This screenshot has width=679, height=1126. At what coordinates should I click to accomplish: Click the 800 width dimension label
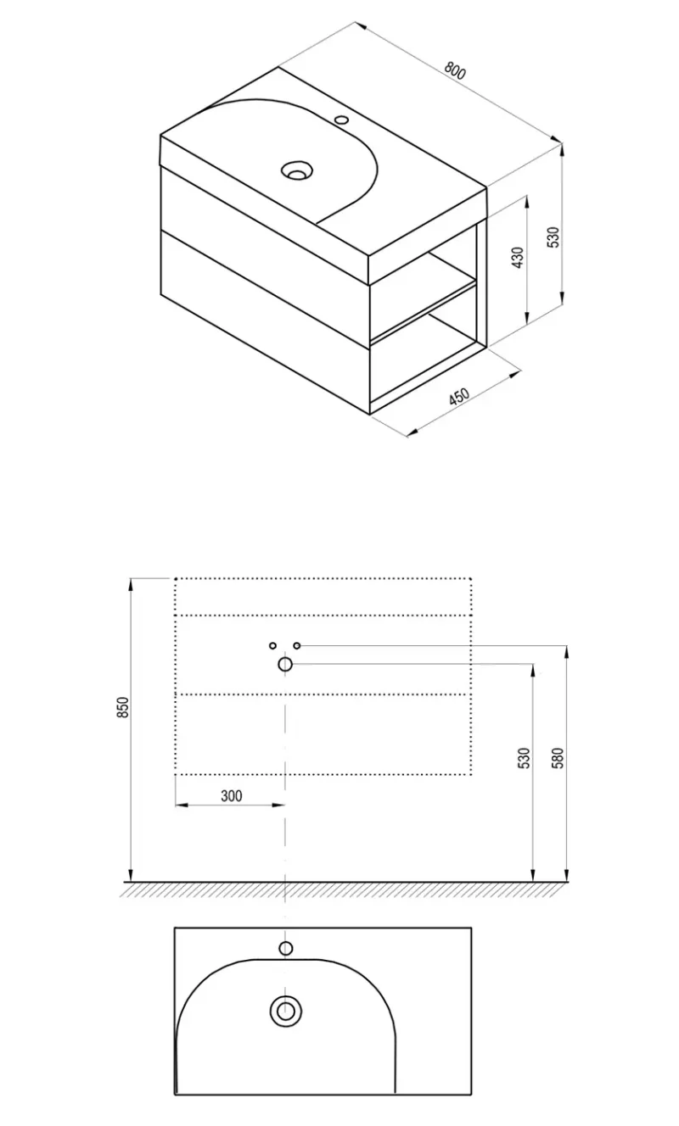(455, 71)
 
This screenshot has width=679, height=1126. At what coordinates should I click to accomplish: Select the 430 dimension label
(518, 258)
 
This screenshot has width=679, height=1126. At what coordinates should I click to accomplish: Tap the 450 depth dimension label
(459, 396)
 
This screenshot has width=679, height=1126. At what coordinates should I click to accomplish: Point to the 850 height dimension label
(123, 707)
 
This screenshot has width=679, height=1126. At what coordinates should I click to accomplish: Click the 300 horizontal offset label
(232, 795)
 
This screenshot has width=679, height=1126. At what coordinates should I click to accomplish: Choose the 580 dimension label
(558, 759)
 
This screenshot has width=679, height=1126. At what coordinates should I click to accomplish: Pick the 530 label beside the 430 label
(553, 237)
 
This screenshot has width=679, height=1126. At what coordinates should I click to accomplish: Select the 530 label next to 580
(524, 759)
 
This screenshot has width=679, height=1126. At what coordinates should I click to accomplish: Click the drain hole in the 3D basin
(297, 170)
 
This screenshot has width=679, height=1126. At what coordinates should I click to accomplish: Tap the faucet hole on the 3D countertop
(342, 120)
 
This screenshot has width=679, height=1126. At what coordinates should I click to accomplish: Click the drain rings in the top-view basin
(285, 1011)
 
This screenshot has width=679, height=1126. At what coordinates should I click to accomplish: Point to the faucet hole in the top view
(286, 949)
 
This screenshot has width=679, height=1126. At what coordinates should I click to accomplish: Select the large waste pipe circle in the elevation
(285, 665)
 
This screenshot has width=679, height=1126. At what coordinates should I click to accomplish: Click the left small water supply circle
(272, 645)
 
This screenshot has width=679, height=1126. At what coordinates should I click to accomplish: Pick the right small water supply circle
(297, 645)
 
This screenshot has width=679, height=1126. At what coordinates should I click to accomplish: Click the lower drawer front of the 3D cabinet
(266, 321)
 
